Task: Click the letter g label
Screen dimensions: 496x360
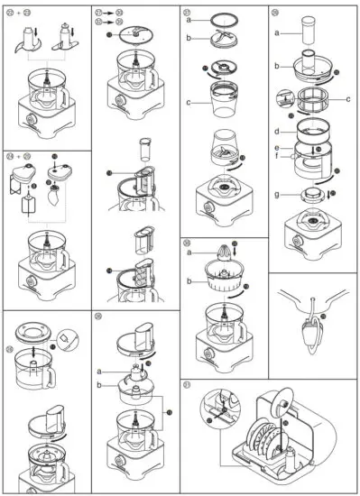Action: [x=275, y=193]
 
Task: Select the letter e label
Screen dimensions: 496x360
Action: [x=277, y=147]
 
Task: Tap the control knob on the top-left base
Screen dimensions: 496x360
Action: [x=25, y=118]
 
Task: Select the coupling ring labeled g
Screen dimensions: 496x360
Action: [x=309, y=196]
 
